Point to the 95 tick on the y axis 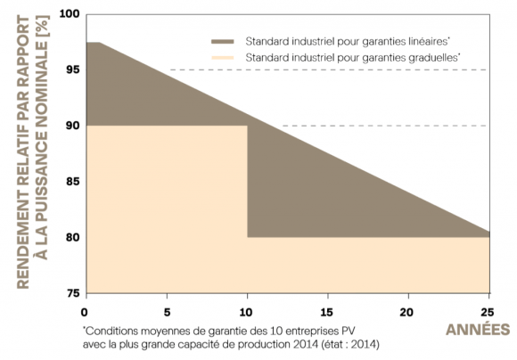(x=71, y=70)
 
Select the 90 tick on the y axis (x=71, y=126)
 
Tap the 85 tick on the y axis (x=71, y=182)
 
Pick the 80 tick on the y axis (x=71, y=238)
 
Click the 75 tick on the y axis (x=71, y=293)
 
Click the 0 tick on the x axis (x=85, y=311)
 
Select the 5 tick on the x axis (x=166, y=311)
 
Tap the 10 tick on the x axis (x=247, y=311)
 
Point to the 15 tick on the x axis (x=328, y=311)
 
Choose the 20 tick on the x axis (x=409, y=311)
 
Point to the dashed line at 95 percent (x=330, y=70)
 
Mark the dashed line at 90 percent (x=383, y=126)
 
